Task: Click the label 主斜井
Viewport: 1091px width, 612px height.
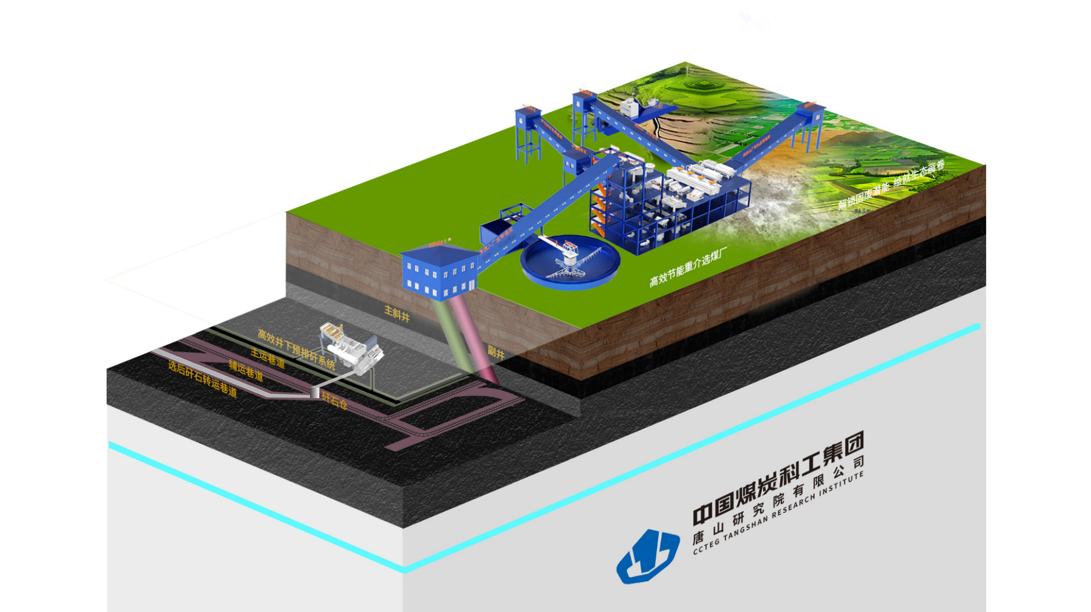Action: (x=396, y=313)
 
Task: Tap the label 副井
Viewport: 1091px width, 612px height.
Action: (x=496, y=353)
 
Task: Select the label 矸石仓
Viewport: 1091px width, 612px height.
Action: (x=334, y=401)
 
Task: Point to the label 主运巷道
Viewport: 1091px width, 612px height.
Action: (x=268, y=357)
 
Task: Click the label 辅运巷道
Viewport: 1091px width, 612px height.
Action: (x=246, y=370)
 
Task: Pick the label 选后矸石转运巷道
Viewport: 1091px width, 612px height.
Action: (x=202, y=378)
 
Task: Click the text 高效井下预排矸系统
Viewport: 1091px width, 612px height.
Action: (x=296, y=350)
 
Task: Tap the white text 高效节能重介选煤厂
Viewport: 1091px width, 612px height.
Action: (x=688, y=267)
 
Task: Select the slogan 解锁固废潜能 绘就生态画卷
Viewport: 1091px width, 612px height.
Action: (x=891, y=184)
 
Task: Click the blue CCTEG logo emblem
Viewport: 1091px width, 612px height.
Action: (x=647, y=556)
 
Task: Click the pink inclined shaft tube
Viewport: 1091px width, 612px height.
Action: (x=481, y=342)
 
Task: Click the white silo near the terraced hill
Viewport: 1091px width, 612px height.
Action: (x=629, y=108)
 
